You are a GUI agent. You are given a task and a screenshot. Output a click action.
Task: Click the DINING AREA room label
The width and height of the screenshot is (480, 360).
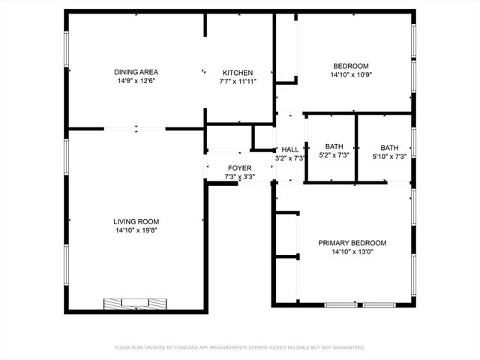coord(136,72)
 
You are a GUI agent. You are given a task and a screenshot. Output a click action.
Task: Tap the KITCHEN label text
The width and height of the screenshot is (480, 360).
coord(238,73)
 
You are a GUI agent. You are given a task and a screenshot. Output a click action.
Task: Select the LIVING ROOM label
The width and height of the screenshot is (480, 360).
coord(136,221)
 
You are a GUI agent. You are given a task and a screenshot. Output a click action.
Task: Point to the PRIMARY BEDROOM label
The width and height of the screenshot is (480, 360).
coord(352,243)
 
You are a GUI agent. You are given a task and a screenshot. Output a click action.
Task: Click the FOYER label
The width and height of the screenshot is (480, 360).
coord(240,168)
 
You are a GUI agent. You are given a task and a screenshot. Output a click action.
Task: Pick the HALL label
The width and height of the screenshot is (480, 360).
coord(289,149)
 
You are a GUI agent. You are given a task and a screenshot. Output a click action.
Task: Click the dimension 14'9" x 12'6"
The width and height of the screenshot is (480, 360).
coord(136,81)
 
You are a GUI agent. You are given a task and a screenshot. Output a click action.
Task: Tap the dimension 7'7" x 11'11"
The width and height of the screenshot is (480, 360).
coord(238,82)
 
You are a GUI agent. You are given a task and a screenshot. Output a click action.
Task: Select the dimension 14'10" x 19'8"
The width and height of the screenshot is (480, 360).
coord(136,230)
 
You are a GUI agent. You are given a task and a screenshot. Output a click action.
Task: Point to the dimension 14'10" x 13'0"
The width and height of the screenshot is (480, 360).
coord(352,252)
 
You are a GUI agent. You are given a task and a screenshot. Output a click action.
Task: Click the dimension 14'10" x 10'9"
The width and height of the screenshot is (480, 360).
coord(351,75)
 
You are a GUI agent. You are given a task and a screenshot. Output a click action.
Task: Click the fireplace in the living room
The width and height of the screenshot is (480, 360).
coord(135,303)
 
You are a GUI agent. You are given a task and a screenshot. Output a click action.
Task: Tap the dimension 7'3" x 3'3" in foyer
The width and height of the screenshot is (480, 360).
coord(240,177)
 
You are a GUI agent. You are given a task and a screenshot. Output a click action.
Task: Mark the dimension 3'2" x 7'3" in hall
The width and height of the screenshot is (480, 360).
coord(289,158)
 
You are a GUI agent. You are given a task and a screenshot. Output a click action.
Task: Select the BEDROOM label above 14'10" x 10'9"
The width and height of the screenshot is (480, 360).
coord(351,66)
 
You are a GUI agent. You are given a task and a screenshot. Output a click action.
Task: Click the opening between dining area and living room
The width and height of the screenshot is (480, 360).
coord(135,129)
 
